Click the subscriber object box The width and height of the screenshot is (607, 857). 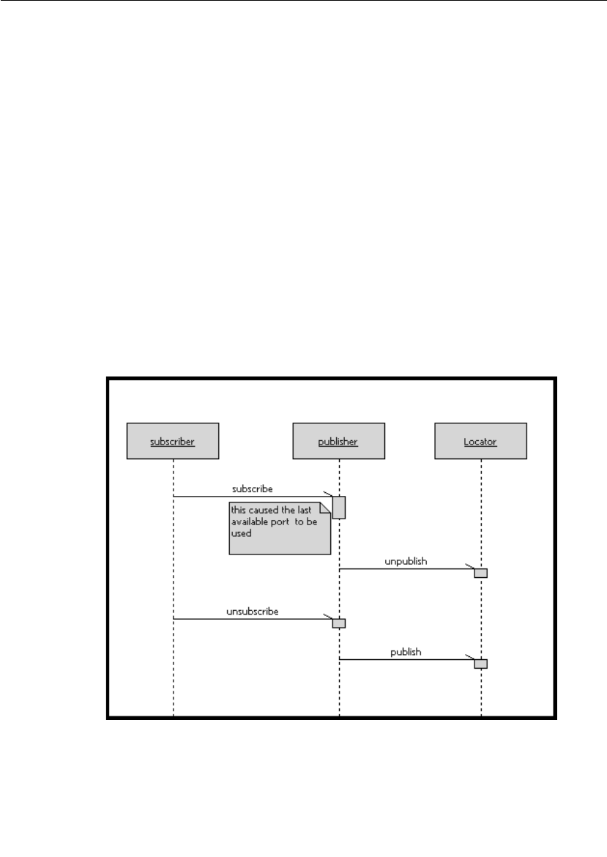[x=173, y=441]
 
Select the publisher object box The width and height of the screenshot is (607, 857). [x=338, y=441]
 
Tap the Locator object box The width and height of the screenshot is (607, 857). [x=480, y=441]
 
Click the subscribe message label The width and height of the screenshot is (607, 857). [x=253, y=488]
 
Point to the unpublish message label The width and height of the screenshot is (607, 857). [x=406, y=561]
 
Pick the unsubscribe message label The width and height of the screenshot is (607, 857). [x=252, y=610]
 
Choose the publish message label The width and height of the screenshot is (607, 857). [x=406, y=651]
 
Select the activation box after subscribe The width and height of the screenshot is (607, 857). [x=339, y=508]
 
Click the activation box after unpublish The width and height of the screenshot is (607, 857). [x=480, y=573]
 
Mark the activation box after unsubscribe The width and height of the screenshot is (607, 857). [x=339, y=623]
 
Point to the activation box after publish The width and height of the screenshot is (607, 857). [x=480, y=664]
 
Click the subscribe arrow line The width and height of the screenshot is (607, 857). [x=249, y=497]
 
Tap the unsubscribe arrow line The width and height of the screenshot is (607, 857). [x=249, y=619]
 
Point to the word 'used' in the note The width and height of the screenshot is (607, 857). [x=241, y=534]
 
